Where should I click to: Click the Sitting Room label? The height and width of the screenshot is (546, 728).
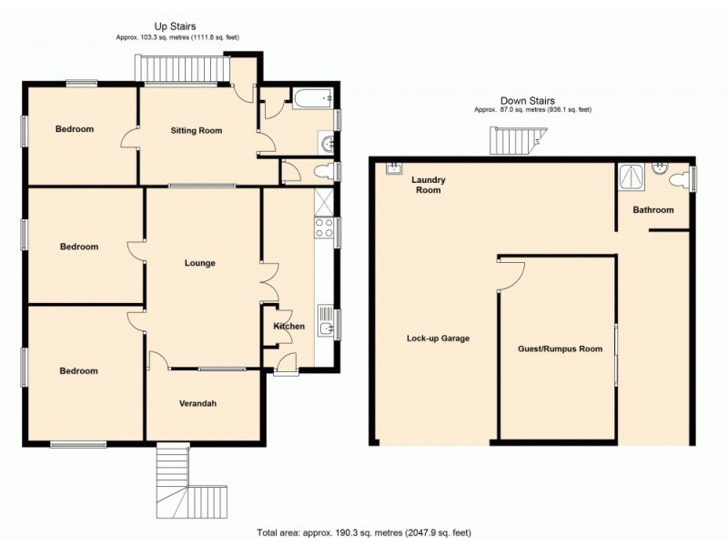[197, 130]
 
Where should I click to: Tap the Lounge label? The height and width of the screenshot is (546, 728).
[199, 263]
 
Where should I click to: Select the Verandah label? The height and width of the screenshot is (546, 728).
[197, 403]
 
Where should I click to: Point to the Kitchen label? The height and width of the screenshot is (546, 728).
[289, 326]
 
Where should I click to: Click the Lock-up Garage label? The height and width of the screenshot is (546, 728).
[438, 339]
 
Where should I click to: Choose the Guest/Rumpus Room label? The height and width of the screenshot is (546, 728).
[560, 349]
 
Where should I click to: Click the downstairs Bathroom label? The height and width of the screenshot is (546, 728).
[653, 210]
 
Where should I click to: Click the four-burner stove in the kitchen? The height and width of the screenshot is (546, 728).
[324, 227]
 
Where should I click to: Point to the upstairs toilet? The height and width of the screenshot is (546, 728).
[322, 171]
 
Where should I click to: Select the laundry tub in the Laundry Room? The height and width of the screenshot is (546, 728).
[394, 167]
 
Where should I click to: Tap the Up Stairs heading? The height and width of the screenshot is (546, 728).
[176, 27]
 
